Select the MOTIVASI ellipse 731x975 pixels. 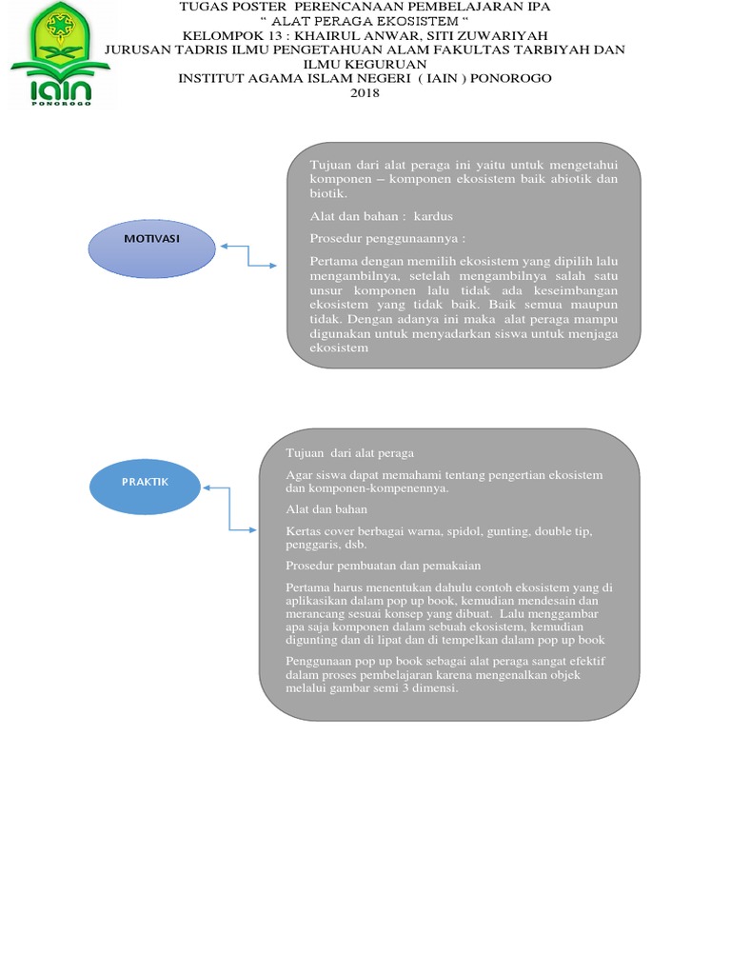coord(152,245)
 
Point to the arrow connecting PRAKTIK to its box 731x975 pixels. coord(229,508)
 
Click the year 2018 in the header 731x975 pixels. coord(365,92)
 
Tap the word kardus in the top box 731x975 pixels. coord(434,216)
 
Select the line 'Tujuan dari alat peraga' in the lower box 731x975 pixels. coord(349,452)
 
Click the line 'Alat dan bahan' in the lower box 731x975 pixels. coord(326,509)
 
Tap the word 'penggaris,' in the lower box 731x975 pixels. coord(312,545)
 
